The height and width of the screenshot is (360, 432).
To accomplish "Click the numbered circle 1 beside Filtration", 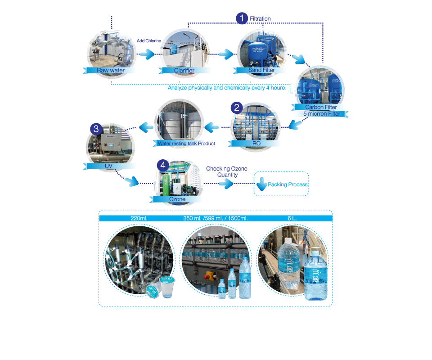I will tap(242, 18).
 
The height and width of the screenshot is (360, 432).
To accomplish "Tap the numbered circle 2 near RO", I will tap(237, 108).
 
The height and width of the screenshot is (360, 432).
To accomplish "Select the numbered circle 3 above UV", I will tap(95, 129).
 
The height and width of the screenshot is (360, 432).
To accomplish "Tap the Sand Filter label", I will tap(261, 70).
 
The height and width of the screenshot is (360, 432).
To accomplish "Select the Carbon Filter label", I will tap(320, 107).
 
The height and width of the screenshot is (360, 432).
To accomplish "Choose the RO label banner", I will tap(255, 144).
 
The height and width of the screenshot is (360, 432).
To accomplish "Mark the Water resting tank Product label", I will tap(186, 144).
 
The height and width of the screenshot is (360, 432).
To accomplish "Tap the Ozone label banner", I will tap(177, 199).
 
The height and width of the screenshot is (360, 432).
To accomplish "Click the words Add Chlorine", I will tap(149, 41).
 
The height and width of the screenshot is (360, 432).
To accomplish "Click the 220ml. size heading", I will tap(139, 218).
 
